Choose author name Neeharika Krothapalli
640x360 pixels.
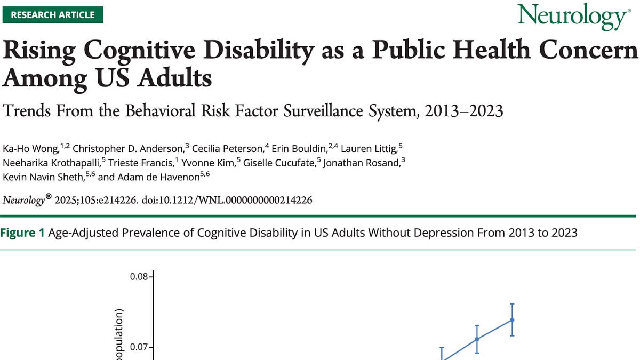[x=49, y=163]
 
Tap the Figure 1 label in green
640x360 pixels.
[x=23, y=233]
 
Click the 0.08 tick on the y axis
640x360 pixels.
[x=139, y=277]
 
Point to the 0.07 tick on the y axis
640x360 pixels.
[x=139, y=348]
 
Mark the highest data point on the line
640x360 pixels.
[x=512, y=320]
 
